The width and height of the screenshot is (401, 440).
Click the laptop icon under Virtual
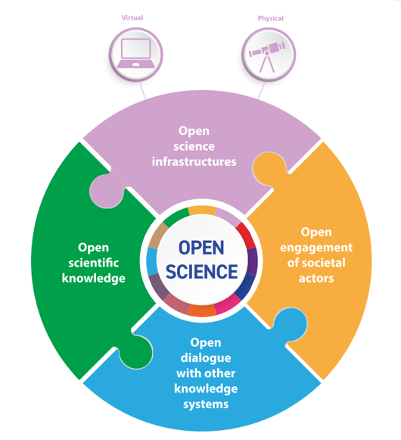click(135, 53)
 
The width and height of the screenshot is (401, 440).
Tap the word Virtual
click(132, 17)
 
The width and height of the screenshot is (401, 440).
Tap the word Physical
click(271, 18)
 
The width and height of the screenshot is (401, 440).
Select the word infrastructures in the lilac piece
click(194, 161)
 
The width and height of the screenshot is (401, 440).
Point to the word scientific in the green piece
click(94, 263)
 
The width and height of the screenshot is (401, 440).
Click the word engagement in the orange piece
click(316, 248)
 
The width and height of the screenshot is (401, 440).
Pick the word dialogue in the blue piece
click(206, 358)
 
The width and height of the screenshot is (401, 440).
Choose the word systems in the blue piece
click(206, 404)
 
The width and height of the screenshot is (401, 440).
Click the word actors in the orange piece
click(316, 279)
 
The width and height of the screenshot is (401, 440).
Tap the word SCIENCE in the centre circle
click(201, 272)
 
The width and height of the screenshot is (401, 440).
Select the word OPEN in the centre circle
click(201, 248)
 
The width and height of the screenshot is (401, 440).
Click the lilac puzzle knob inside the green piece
click(107, 191)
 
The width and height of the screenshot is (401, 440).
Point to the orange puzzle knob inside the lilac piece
click(269, 168)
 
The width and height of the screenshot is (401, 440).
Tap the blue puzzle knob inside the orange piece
click(290, 324)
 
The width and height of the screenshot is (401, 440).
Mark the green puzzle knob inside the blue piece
click(135, 351)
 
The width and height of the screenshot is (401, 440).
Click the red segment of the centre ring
click(246, 236)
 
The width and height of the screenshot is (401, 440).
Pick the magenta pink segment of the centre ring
click(228, 304)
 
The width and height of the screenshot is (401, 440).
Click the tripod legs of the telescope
click(266, 64)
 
